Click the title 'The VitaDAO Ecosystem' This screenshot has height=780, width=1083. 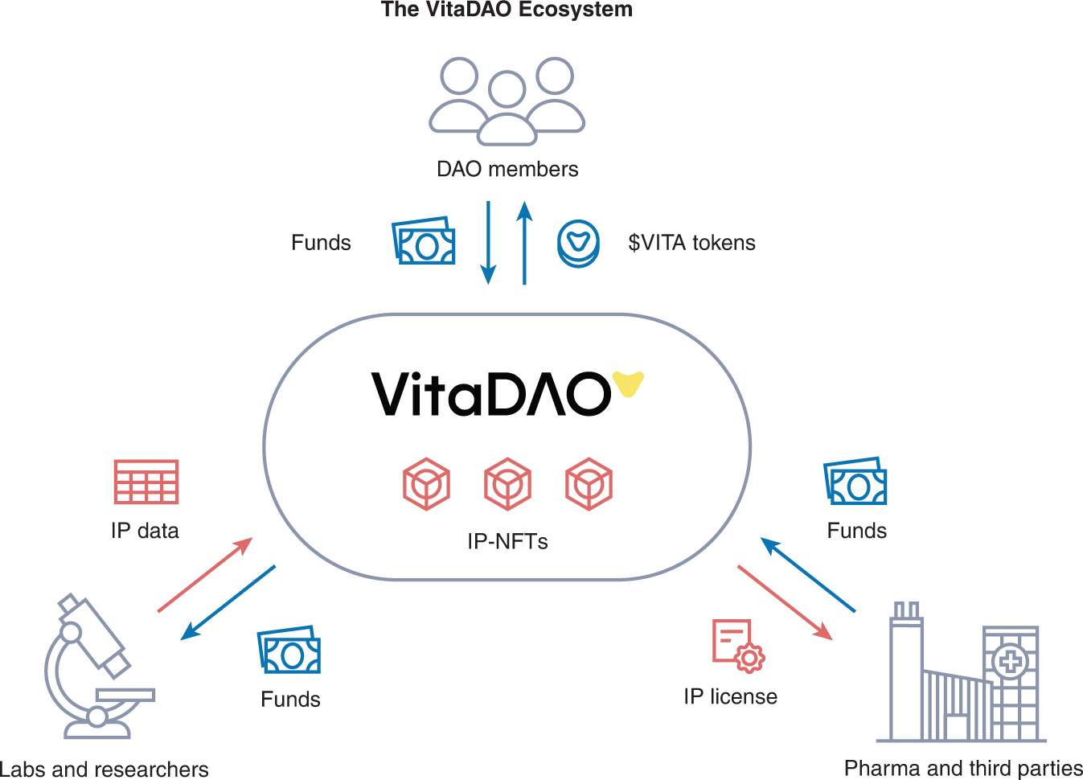point(507,10)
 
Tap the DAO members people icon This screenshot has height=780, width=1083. point(507,101)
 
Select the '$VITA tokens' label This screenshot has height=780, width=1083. point(691,243)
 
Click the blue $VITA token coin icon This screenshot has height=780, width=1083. point(578,244)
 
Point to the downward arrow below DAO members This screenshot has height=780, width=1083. point(488,242)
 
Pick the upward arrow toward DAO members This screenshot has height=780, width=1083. point(524,242)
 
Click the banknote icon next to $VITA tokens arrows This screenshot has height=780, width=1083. point(424,241)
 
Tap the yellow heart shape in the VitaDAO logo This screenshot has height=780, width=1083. point(628,384)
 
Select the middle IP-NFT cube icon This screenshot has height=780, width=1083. point(507,484)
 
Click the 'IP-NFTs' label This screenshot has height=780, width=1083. point(507,541)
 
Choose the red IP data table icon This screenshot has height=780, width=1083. point(146,482)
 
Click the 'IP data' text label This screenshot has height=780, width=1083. point(145,531)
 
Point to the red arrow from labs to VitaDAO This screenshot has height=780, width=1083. point(205,575)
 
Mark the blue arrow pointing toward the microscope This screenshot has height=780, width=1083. point(228,602)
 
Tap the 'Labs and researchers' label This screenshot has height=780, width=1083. point(105,770)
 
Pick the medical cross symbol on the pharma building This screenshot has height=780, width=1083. point(1011,662)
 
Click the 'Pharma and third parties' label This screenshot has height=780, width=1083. point(963,769)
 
